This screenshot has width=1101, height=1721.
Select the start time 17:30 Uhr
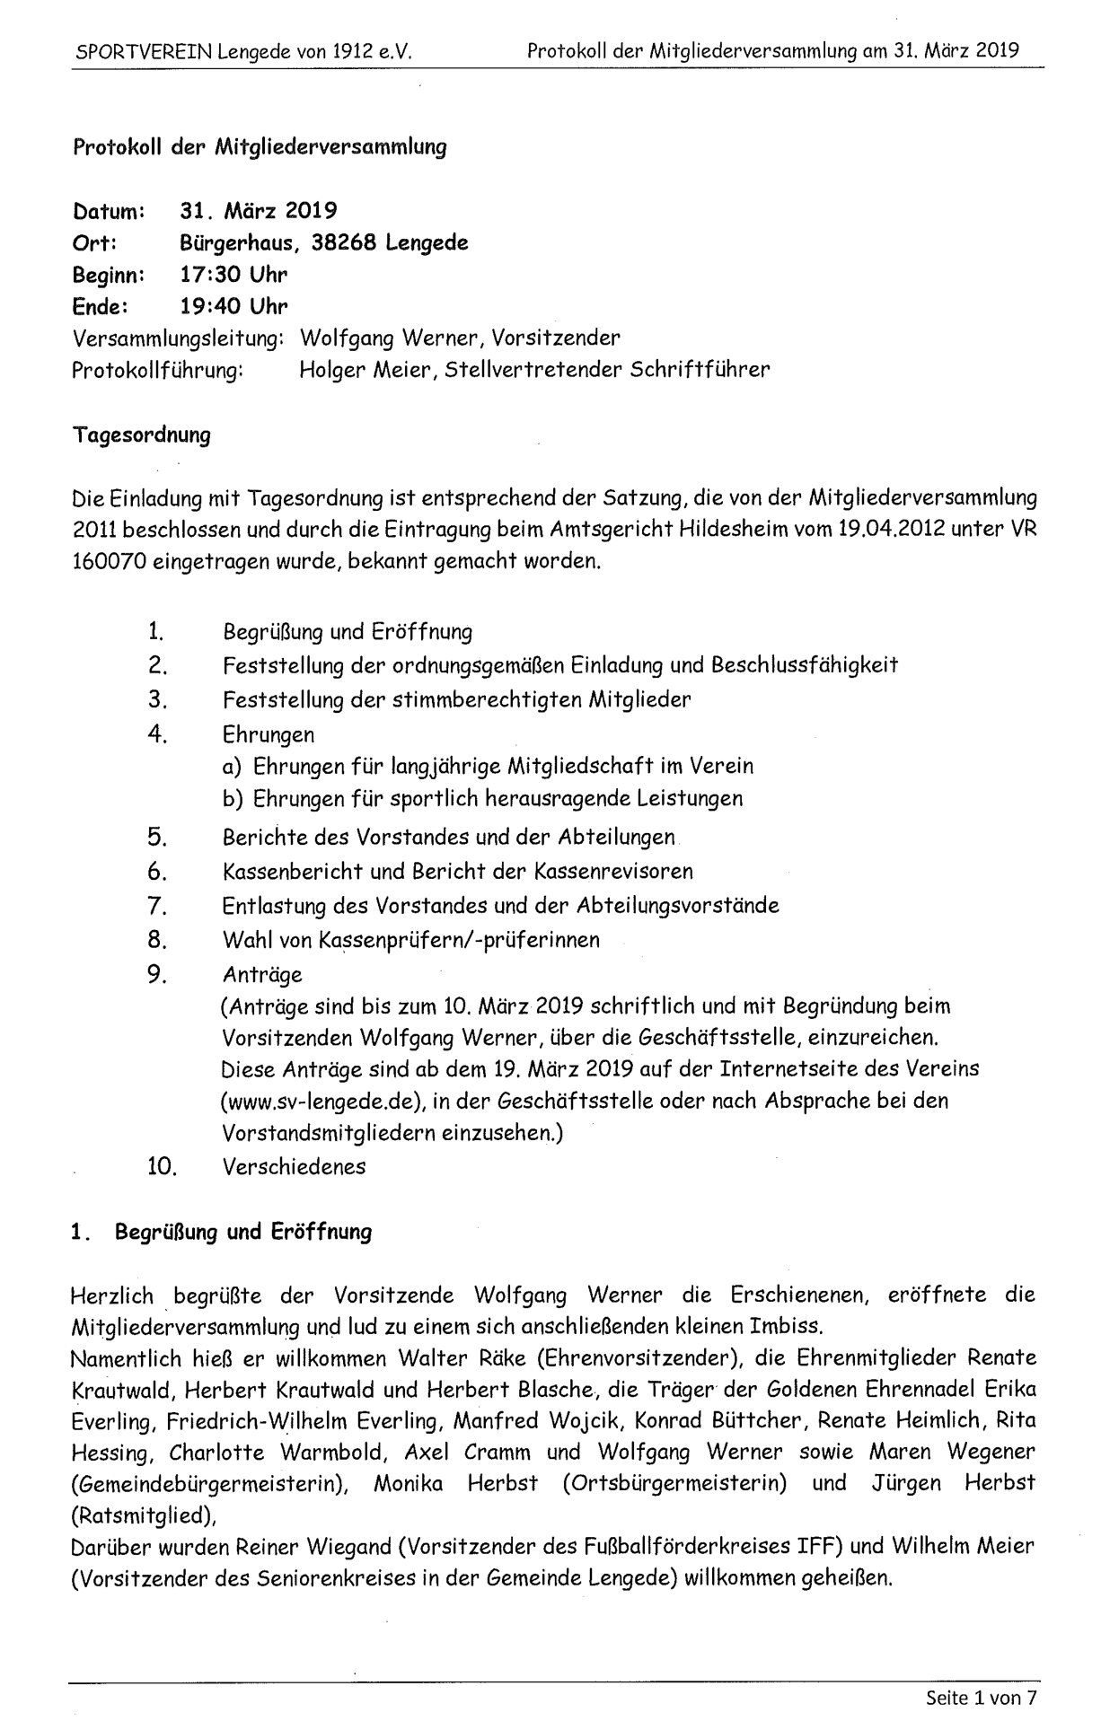point(233,274)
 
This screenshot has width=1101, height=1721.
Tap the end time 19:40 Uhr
point(233,306)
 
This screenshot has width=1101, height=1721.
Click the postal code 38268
point(344,242)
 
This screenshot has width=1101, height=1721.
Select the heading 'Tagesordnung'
point(141,435)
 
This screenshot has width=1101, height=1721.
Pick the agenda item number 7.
point(157,905)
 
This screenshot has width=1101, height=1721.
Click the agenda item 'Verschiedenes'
point(294,1166)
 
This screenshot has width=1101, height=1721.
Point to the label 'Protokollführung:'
point(157,370)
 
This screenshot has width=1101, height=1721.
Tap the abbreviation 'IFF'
point(817,1547)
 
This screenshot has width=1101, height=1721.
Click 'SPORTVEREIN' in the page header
point(143,51)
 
